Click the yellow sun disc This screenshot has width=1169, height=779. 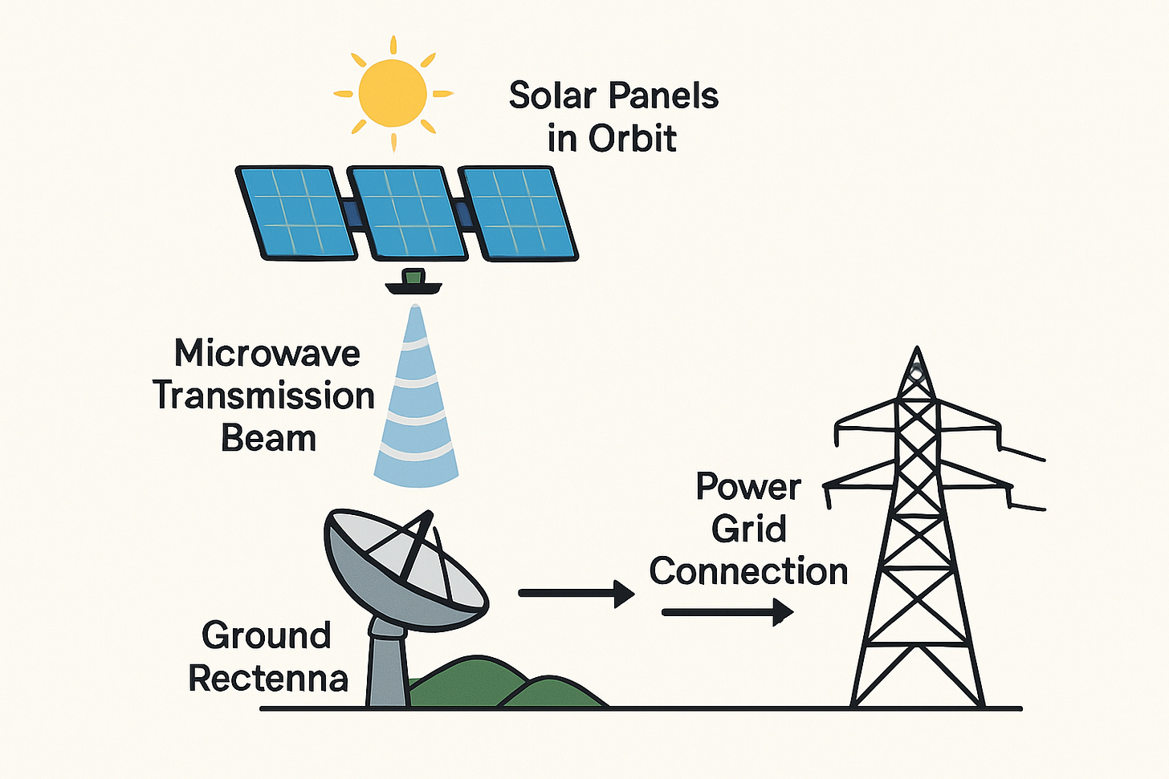[x=393, y=93]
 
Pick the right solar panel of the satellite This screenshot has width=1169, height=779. [x=519, y=213]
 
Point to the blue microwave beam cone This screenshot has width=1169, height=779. [x=416, y=409]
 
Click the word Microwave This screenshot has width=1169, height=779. [x=267, y=354]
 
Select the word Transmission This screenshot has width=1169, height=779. [x=264, y=396]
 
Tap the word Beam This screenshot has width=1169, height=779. [x=268, y=439]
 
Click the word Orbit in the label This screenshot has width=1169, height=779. [x=633, y=139]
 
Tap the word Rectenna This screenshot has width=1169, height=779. [x=268, y=679]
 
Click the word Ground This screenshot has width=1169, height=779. [x=267, y=636]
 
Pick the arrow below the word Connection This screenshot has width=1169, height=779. [x=727, y=612]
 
